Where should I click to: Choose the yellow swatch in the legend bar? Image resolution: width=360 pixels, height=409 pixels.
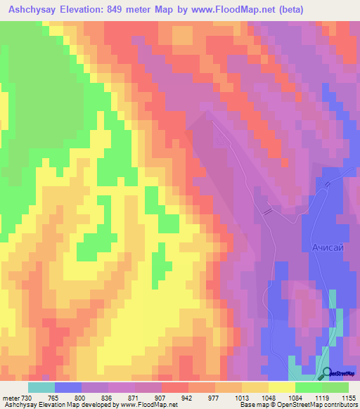(x=282, y=387)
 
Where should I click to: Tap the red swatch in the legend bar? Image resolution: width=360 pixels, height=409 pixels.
(x=175, y=387)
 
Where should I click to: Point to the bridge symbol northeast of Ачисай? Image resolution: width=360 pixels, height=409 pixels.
(x=327, y=184)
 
